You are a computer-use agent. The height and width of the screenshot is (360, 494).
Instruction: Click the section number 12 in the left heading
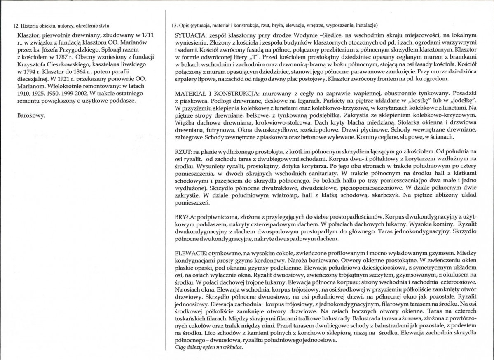click(x=16, y=26)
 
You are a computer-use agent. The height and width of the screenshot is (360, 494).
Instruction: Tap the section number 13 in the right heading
click(x=174, y=26)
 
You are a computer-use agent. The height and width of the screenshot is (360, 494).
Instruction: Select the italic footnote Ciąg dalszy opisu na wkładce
click(x=209, y=347)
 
